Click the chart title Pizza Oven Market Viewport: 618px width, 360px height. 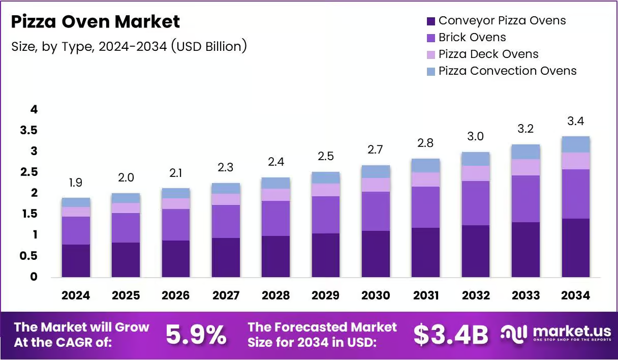coord(96,21)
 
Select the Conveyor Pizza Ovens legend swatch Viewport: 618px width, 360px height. coord(430,21)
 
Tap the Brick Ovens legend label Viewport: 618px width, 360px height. coord(472,37)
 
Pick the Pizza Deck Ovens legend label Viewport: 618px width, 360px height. coord(488,54)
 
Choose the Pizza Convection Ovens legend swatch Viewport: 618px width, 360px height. coord(430,72)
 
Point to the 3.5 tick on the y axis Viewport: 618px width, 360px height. coord(28,130)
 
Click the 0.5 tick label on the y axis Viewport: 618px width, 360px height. coord(28,256)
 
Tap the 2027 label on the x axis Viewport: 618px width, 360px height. coord(226,295)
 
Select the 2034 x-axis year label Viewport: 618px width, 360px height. coord(575,295)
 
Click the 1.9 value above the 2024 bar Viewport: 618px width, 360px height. coord(76,183)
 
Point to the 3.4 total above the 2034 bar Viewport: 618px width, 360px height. coord(575,121)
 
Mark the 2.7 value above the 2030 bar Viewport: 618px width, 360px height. coord(375,149)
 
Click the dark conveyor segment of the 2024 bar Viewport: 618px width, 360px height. coord(76,261)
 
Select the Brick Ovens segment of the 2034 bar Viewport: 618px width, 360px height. coord(576,194)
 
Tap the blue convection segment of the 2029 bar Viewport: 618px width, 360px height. coord(326,178)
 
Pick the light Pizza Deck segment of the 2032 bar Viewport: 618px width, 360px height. coord(476,173)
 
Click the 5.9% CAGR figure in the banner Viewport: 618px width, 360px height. coord(196,335)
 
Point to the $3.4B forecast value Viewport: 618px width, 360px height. coord(451,335)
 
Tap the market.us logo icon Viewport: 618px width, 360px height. coord(514,335)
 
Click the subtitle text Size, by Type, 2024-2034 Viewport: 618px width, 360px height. coord(89,47)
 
